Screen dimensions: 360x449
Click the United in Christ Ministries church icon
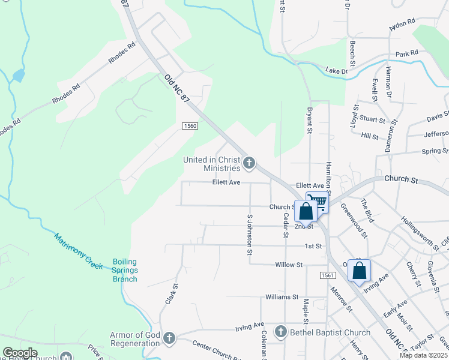(250, 162)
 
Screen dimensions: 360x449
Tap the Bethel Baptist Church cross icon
(280, 332)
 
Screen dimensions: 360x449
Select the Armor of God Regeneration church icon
(169, 339)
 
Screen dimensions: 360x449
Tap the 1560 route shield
(190, 125)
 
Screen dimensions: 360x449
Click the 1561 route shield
(327, 274)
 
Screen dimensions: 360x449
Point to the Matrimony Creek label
(78, 250)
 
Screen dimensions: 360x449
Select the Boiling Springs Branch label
(125, 270)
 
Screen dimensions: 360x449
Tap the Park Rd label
(406, 54)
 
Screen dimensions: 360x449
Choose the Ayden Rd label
(402, 24)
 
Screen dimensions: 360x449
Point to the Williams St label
(282, 297)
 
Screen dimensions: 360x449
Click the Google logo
(20, 353)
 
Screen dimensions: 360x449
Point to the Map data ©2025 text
(424, 355)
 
